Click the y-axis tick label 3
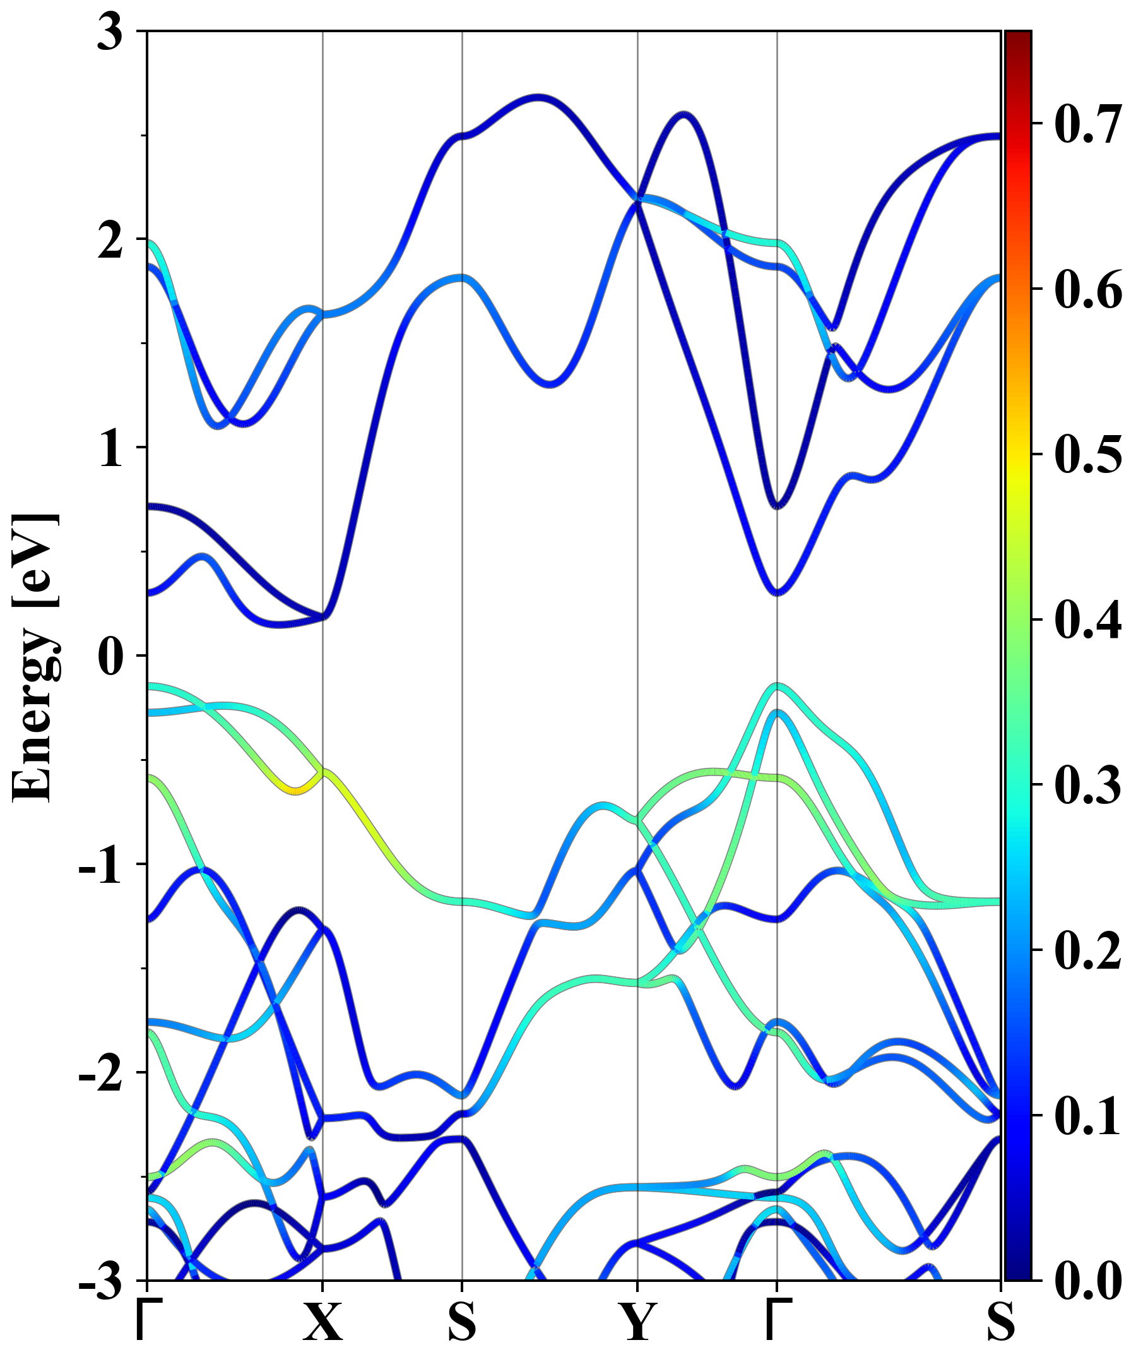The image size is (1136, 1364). tap(110, 32)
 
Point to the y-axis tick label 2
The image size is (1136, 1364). tap(110, 241)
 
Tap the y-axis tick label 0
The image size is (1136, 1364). tap(110, 657)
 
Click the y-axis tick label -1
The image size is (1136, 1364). tap(100, 865)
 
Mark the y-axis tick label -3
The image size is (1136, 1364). tap(100, 1281)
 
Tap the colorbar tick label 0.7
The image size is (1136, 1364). tap(1087, 123)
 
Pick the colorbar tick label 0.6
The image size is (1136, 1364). tap(1087, 289)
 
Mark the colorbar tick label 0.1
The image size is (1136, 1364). tap(1087, 1116)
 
